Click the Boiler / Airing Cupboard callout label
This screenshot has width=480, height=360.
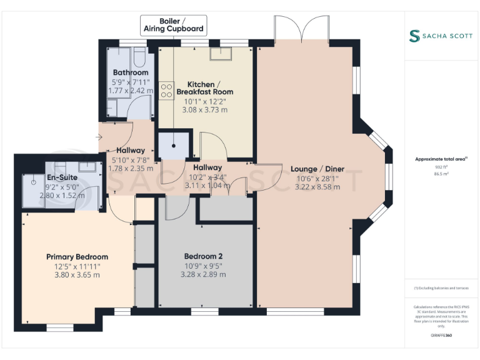click(173, 24)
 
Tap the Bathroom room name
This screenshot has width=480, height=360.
click(130, 72)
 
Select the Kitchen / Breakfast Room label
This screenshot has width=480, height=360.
click(204, 88)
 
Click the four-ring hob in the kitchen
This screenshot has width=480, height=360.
click(167, 91)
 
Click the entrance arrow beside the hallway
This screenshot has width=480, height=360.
click(99, 137)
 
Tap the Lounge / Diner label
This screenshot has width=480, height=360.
click(317, 169)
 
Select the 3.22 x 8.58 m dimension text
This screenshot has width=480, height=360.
click(317, 186)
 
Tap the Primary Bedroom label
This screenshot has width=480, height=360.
click(77, 257)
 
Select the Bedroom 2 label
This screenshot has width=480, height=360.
click(203, 256)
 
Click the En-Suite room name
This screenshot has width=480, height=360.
click(62, 177)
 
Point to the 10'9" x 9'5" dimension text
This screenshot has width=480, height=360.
click(203, 266)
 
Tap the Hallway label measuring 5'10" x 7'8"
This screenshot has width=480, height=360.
click(131, 151)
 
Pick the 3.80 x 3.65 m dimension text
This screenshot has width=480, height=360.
click(77, 274)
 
